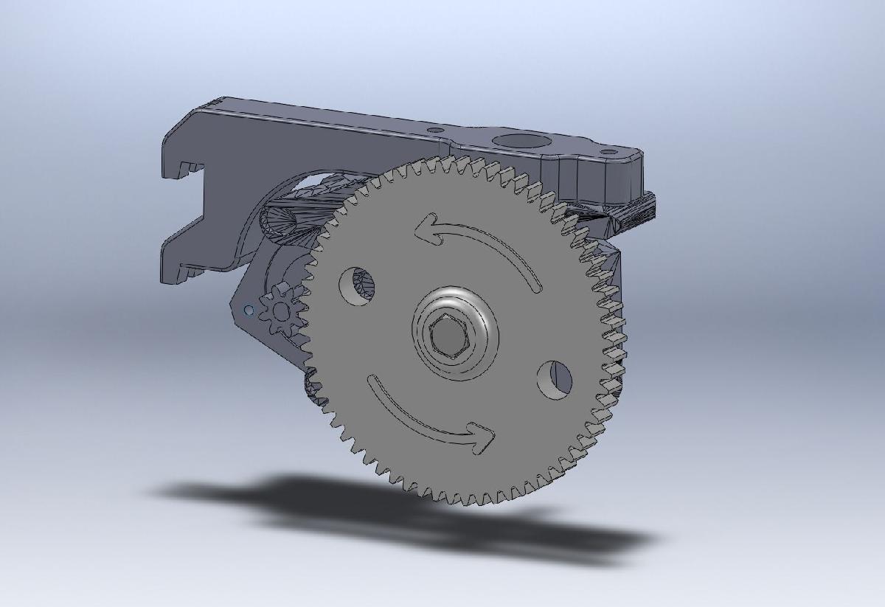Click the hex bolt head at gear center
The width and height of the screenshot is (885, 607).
pyautogui.click(x=447, y=338)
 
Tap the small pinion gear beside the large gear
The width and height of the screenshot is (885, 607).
pyautogui.click(x=283, y=309)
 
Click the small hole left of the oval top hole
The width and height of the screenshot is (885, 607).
pyautogui.click(x=436, y=130)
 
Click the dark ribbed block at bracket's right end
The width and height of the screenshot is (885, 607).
pyautogui.click(x=636, y=209)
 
